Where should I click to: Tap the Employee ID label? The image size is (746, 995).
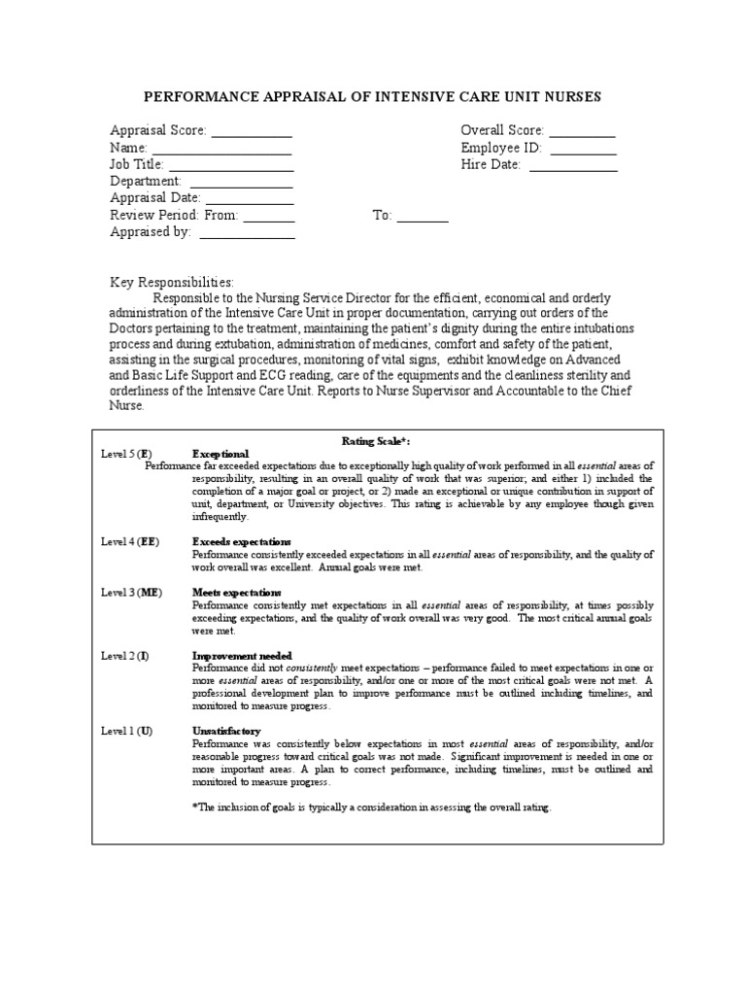[x=501, y=149]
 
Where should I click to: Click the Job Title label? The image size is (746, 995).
[x=137, y=165]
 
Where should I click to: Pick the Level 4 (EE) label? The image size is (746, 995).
[x=130, y=541]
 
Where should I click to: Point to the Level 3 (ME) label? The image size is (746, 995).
[x=130, y=592]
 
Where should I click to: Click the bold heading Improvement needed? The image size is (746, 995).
[x=242, y=656]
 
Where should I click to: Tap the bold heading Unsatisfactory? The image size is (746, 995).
[x=226, y=731]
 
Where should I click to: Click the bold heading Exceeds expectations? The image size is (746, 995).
[x=242, y=541]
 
